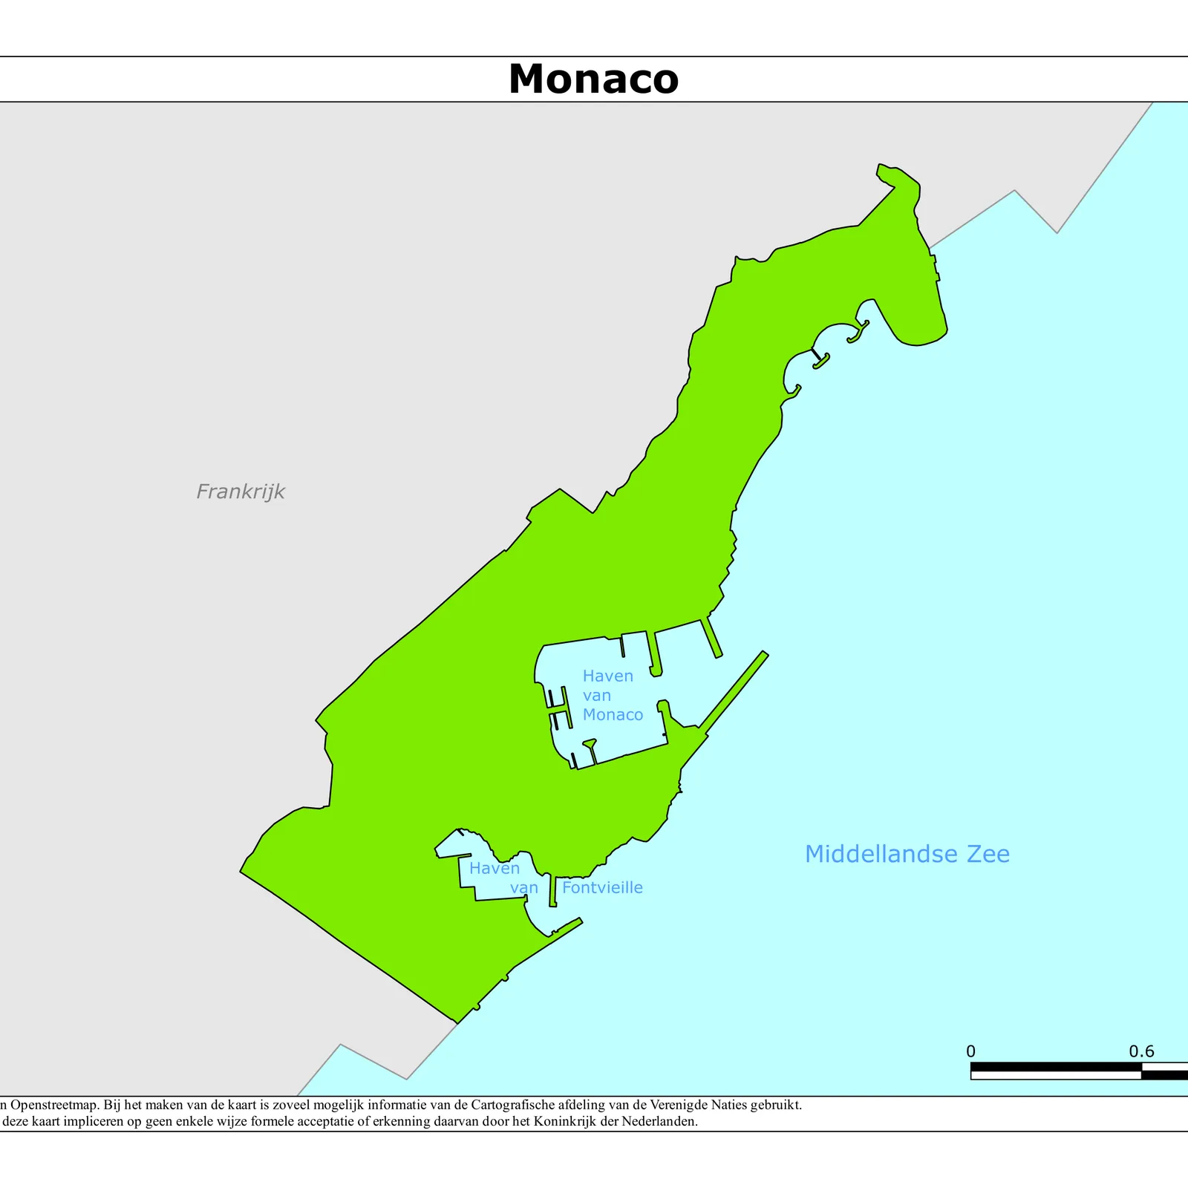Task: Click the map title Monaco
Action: click(593, 79)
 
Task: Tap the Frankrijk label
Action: click(241, 492)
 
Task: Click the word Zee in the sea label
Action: click(988, 854)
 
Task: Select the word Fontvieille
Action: click(602, 887)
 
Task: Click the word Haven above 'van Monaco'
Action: click(607, 676)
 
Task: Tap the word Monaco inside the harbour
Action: click(613, 714)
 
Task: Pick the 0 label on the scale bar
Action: click(970, 1051)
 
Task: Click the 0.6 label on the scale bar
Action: click(1141, 1051)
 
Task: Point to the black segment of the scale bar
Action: click(1054, 1066)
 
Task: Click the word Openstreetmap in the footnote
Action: click(54, 1105)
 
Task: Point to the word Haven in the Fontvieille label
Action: click(494, 868)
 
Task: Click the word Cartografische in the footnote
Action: click(513, 1105)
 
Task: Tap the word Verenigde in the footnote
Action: click(663, 1105)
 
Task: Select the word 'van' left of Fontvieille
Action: click(523, 888)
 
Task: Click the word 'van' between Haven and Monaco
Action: click(596, 696)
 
